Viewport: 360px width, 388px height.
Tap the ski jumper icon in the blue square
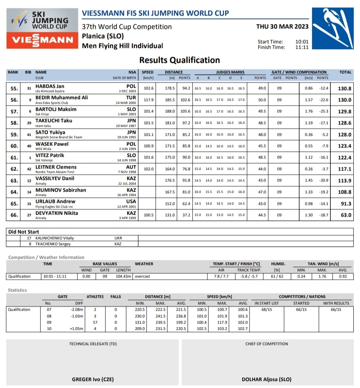pyautogui.click(x=333, y=27)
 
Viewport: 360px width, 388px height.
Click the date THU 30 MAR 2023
pyautogui.click(x=282, y=27)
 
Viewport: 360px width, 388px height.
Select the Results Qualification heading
pyautogui.click(x=179, y=60)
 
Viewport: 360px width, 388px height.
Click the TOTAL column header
pyautogui.click(x=345, y=72)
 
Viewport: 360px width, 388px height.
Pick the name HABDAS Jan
pyautogui.click(x=50, y=86)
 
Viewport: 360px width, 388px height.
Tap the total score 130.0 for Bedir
pyautogui.click(x=344, y=100)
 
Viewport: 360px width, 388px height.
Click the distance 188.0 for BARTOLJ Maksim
pyautogui.click(x=169, y=111)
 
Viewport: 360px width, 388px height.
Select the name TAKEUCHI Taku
pyautogui.click(x=53, y=121)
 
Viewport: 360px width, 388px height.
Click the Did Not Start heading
pyautogui.click(x=24, y=232)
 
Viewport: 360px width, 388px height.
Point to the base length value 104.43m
pyautogui.click(x=123, y=276)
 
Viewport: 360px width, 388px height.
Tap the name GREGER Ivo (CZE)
pyautogui.click(x=92, y=379)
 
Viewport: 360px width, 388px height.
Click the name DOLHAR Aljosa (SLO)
pyautogui.click(x=266, y=379)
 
